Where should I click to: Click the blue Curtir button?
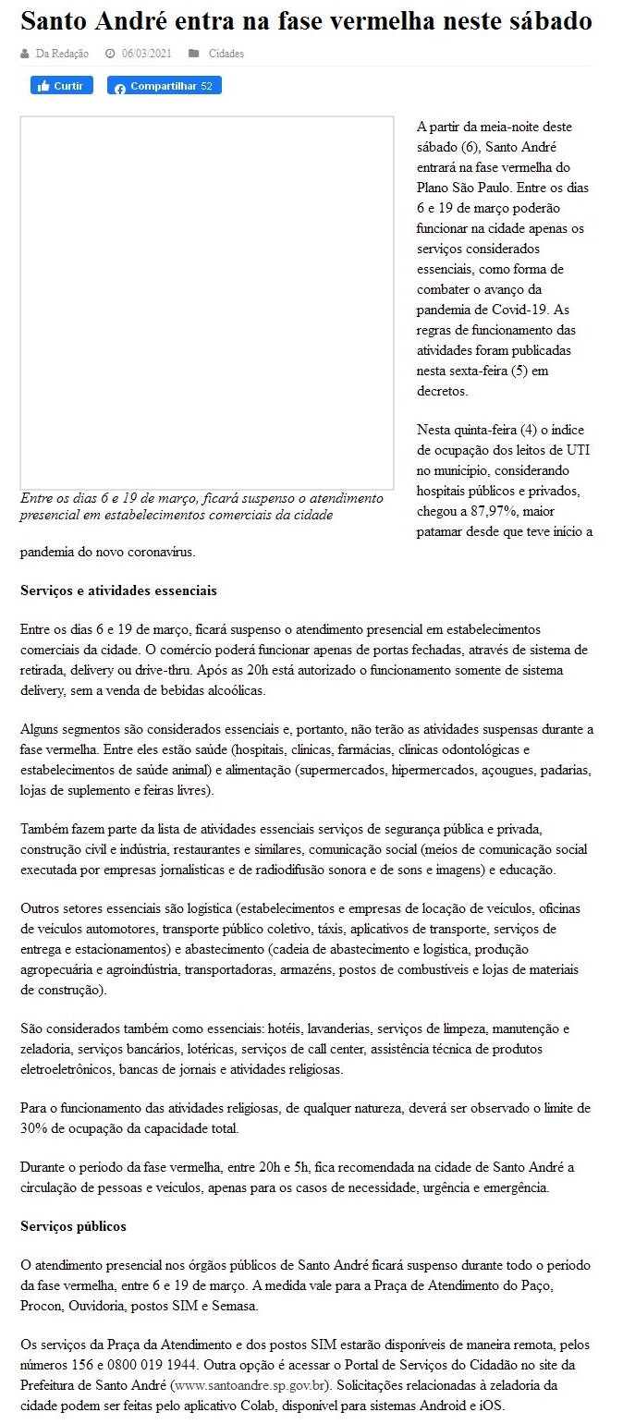pyautogui.click(x=62, y=86)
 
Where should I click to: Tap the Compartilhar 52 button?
pyautogui.click(x=165, y=86)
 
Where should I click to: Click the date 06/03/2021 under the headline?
pyautogui.click(x=147, y=54)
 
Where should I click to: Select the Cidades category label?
pyautogui.click(x=226, y=54)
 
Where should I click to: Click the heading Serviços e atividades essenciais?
pyautogui.click(x=118, y=590)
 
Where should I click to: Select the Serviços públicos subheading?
pyautogui.click(x=73, y=1226)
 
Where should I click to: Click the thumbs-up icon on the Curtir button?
pyautogui.click(x=43, y=86)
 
